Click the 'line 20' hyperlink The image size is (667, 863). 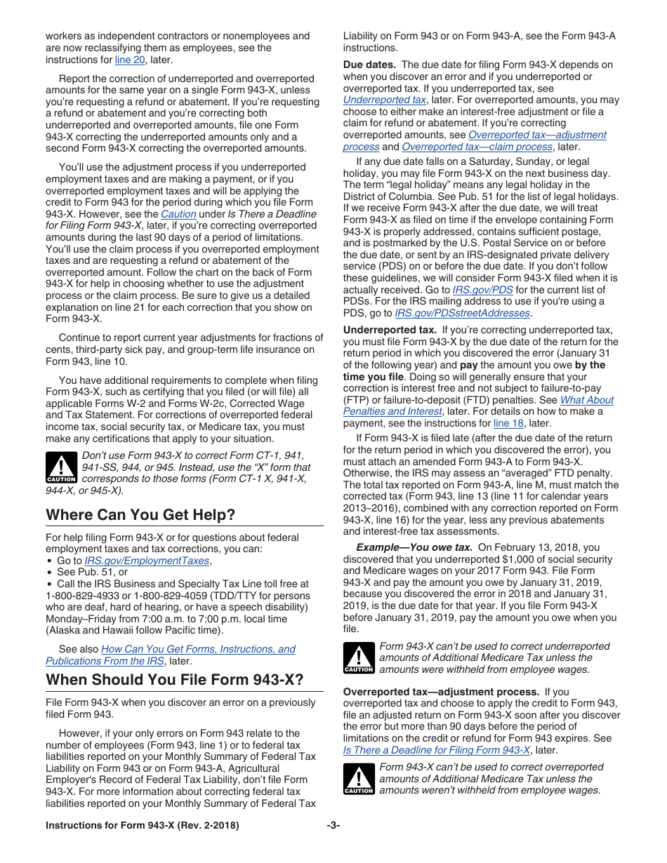[130, 60]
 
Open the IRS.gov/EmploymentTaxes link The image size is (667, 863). [147, 561]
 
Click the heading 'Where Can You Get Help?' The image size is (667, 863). [140, 515]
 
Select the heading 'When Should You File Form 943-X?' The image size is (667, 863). [175, 680]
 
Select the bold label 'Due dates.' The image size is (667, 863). [369, 65]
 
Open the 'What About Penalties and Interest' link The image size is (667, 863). [478, 406]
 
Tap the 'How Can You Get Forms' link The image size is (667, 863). [198, 649]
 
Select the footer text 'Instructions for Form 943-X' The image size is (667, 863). [142, 826]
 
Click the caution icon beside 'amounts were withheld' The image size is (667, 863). [358, 659]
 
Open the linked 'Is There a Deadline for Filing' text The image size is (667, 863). [436, 750]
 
